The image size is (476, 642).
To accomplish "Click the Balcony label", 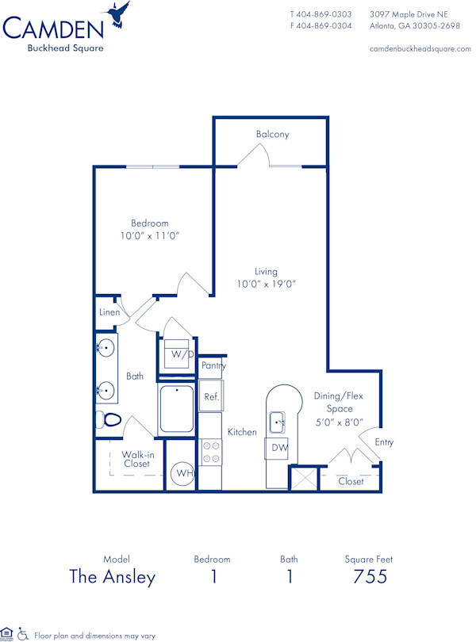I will click(272, 135).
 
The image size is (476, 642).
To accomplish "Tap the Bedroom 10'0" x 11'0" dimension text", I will click(150, 236).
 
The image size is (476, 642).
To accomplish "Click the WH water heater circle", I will click(184, 473).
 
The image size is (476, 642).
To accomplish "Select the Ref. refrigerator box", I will click(210, 396).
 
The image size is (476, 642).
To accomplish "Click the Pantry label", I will click(213, 365).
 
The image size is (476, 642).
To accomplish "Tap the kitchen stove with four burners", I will click(211, 453).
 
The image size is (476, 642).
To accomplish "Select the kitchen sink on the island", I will click(277, 422).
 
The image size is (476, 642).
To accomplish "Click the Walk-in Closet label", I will click(137, 460).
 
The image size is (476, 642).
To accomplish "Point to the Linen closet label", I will click(109, 312).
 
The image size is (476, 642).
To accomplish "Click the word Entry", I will click(384, 442).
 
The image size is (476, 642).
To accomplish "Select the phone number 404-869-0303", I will click(325, 14).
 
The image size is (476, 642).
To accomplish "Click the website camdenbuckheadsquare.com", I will click(420, 48).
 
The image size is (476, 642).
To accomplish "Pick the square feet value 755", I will click(370, 577).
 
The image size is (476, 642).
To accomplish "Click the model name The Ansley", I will click(113, 577).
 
